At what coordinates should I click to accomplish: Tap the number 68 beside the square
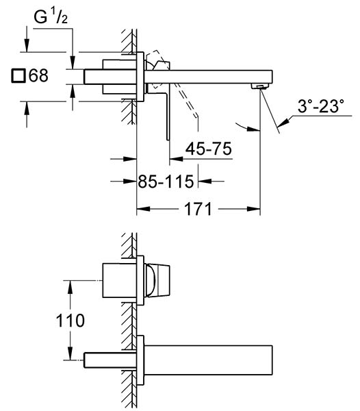38,75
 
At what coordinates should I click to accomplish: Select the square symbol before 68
18,76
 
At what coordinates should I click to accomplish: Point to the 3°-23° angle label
321,106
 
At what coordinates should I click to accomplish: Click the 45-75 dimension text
209,149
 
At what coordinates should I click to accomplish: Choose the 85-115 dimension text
166,182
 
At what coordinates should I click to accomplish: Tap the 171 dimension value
198,209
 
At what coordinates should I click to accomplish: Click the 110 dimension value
70,321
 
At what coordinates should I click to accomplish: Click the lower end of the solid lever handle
168,140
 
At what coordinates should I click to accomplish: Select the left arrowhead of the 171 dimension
144,209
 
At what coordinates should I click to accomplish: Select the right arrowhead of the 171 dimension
253,209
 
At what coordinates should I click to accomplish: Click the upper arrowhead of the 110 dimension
70,287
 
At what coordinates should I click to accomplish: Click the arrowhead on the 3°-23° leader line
283,123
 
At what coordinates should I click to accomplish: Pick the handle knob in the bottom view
157,280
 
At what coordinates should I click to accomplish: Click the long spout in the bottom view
208,360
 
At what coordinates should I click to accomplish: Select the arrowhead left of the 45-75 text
176,159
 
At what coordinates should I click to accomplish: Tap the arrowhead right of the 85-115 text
205,181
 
